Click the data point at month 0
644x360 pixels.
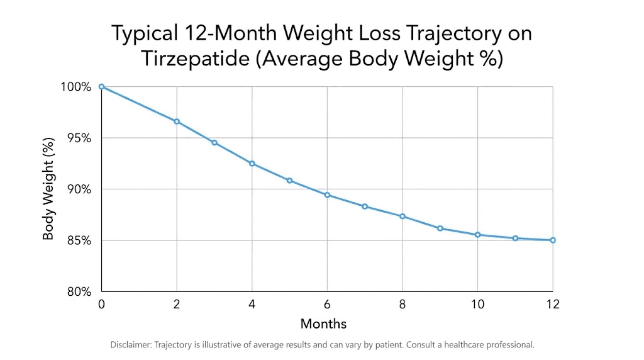click(x=101, y=87)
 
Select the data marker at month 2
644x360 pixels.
click(x=177, y=121)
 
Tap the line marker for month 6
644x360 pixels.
click(x=327, y=195)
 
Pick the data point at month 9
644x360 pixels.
click(x=440, y=228)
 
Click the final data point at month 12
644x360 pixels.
click(x=553, y=240)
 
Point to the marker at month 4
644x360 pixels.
click(x=252, y=164)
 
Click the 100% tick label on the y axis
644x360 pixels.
click(x=75, y=87)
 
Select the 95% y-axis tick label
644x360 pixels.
click(x=78, y=138)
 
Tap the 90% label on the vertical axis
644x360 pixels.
click(x=78, y=189)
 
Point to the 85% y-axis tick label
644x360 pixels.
click(x=78, y=240)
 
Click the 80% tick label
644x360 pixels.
click(x=78, y=292)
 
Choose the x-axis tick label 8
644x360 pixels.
click(x=402, y=305)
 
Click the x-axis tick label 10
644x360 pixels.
click(x=477, y=305)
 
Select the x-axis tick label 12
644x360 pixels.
click(x=553, y=305)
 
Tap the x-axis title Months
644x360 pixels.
click(x=323, y=324)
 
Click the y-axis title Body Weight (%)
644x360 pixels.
click(x=48, y=189)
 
